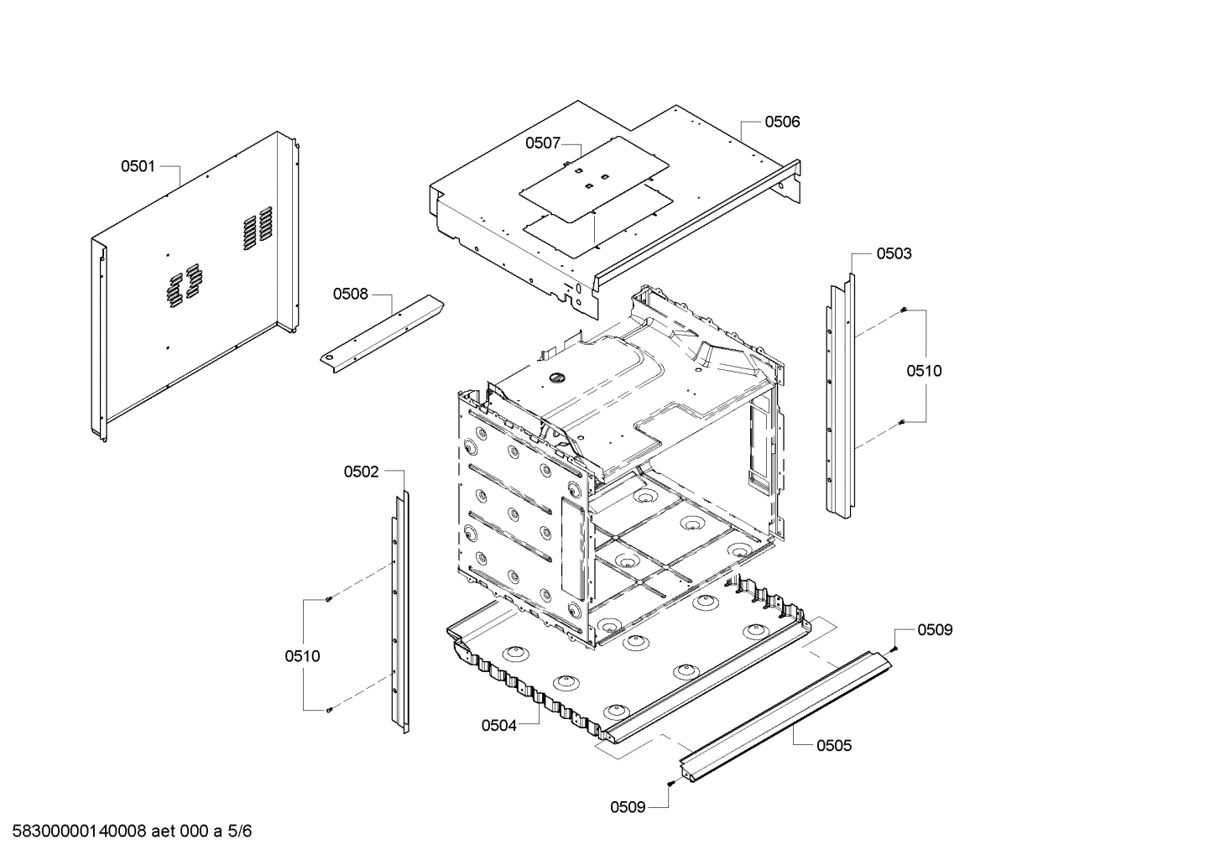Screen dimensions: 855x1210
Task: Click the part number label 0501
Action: [138, 166]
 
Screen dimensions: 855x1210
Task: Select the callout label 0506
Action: [781, 122]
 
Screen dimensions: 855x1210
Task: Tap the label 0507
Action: [542, 143]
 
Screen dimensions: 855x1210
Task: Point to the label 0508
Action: [350, 294]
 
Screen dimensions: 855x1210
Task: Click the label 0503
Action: [894, 253]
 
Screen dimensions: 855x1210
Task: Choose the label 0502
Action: [361, 472]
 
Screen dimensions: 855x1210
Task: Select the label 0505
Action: [833, 745]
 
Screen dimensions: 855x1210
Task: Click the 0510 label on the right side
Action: [923, 371]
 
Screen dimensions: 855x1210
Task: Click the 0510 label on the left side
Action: [302, 656]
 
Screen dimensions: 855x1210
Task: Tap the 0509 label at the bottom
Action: [628, 807]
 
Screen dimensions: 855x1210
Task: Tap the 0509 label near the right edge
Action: [934, 629]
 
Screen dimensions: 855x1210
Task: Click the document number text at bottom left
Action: [127, 832]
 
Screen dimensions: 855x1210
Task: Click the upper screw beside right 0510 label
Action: [903, 310]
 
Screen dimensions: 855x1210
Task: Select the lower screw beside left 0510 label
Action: [328, 710]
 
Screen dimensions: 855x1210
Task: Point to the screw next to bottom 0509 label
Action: [670, 783]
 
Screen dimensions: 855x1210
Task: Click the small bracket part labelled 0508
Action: [382, 331]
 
